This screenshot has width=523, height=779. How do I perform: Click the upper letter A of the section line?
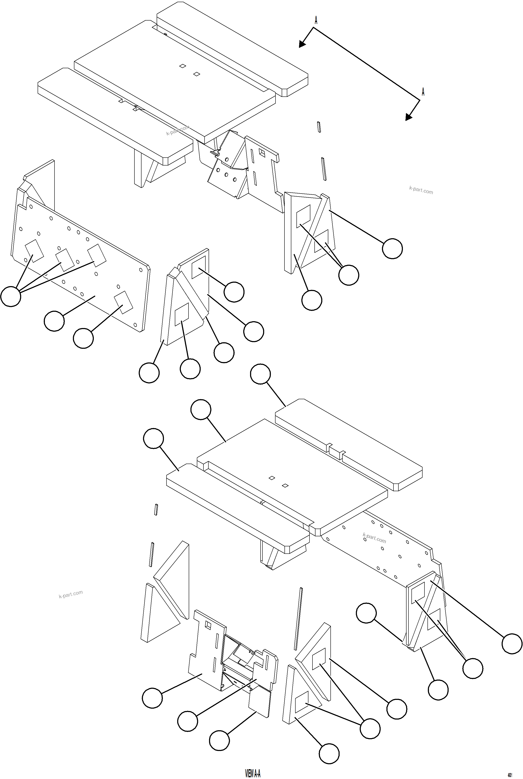[316, 20]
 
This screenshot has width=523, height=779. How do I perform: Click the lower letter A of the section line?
[423, 92]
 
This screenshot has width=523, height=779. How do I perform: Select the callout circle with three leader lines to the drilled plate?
[11, 296]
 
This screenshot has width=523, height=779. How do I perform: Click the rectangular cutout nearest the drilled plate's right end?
[123, 302]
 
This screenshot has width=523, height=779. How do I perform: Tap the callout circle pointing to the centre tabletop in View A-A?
[201, 410]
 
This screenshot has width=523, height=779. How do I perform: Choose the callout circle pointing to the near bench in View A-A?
[153, 439]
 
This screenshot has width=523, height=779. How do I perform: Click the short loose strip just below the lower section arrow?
[319, 127]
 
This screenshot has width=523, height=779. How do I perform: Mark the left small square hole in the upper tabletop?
[183, 66]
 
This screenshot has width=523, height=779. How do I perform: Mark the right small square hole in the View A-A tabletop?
[285, 485]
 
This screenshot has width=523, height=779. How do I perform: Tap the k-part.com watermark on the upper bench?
[177, 130]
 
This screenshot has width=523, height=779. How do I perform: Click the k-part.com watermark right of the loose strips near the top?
[421, 190]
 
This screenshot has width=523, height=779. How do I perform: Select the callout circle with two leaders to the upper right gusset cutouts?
[349, 275]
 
